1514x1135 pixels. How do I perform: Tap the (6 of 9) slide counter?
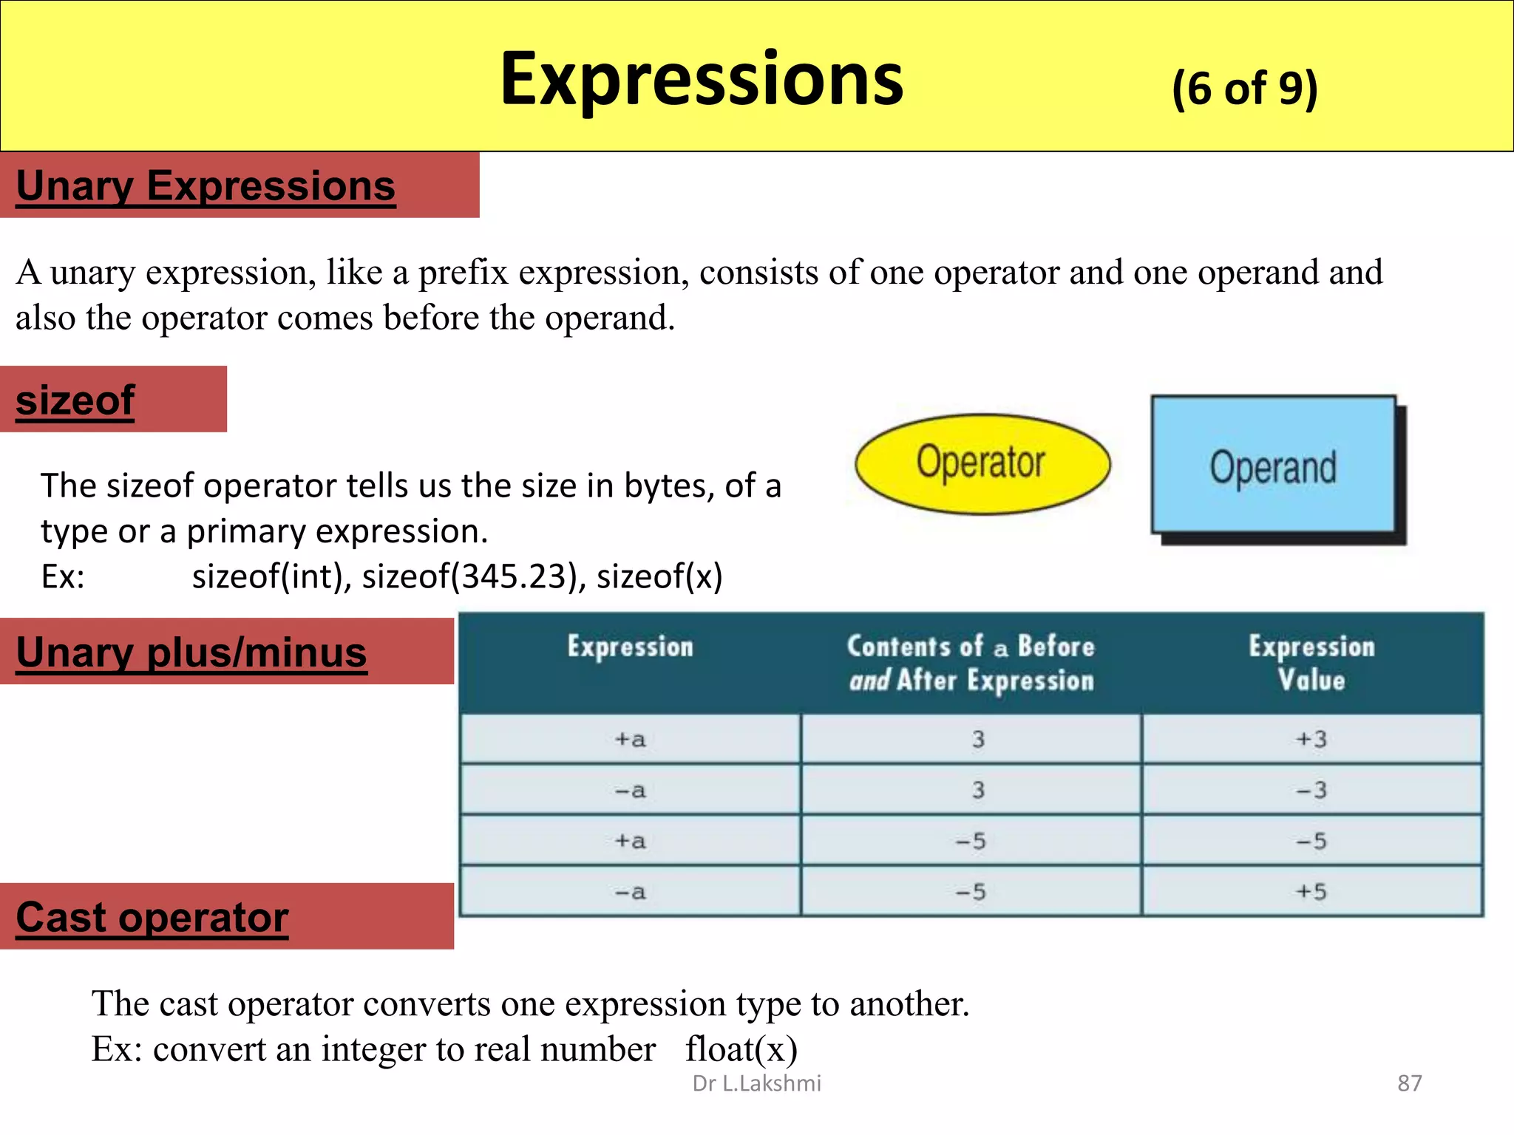(1244, 88)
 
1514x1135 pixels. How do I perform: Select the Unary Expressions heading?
(206, 185)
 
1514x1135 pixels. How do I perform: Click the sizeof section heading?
(75, 400)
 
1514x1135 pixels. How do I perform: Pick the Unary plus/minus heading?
(191, 652)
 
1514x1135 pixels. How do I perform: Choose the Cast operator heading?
(152, 917)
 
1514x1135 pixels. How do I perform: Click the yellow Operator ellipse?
(982, 463)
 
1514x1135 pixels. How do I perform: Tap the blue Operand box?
(1273, 466)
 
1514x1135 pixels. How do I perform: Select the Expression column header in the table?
(630, 647)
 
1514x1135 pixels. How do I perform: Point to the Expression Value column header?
(1311, 663)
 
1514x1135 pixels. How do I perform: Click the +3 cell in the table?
(1311, 739)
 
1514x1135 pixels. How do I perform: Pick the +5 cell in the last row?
(1311, 892)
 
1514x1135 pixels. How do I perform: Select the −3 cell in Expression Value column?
(1311, 790)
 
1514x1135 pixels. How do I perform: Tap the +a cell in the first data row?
(630, 739)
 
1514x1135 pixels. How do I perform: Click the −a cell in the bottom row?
(630, 892)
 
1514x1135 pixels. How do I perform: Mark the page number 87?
(1409, 1083)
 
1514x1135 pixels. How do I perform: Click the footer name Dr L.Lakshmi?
(756, 1083)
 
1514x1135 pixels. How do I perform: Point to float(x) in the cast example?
(741, 1049)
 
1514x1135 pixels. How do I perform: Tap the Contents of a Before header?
(971, 647)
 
